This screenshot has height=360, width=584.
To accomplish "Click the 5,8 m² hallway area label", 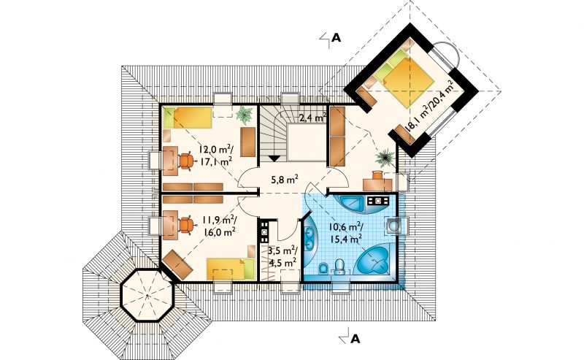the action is tap(285, 180).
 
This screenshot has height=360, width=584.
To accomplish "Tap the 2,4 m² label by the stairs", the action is tap(313, 118).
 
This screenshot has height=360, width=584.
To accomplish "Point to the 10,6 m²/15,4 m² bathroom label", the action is tap(346, 232).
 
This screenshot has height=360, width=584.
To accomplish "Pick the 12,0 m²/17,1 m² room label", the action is tap(215, 155).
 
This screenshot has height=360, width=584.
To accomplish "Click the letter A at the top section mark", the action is tap(337, 38).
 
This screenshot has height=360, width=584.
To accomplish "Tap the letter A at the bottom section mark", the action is tap(356, 338).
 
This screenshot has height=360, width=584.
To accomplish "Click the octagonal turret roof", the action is tap(147, 295).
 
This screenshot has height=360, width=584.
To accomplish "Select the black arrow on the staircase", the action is tap(274, 158).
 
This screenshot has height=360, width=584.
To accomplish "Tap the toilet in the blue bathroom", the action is tap(339, 267).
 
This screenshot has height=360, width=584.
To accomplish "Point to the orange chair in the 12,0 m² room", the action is tap(186, 161).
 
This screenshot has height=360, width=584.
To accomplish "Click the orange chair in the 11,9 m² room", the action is tap(186, 225).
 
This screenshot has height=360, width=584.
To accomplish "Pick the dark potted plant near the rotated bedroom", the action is tap(385, 158).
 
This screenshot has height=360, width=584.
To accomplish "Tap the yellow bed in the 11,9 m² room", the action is tap(231, 269).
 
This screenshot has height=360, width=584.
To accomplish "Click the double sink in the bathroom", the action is tap(310, 239).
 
